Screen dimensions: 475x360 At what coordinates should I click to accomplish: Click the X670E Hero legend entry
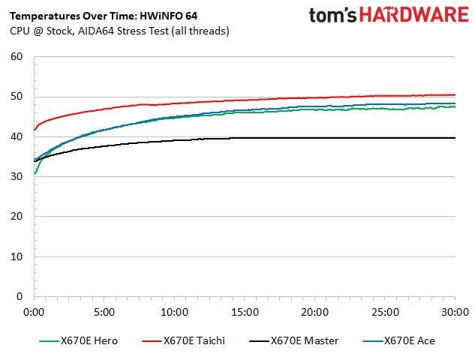click(x=79, y=341)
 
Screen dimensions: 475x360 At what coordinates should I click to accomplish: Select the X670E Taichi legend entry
click(x=184, y=341)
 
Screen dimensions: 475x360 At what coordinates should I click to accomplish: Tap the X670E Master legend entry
click(x=294, y=341)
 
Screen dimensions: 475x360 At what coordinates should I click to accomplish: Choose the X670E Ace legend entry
click(x=399, y=341)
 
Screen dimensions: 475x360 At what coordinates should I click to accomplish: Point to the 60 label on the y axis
click(x=17, y=56)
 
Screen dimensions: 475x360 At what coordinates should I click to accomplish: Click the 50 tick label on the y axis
click(x=17, y=97)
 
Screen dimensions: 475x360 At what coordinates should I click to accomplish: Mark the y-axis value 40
click(x=17, y=136)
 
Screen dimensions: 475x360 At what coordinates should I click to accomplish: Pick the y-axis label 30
click(x=17, y=176)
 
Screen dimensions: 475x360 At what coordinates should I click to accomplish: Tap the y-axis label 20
click(x=17, y=217)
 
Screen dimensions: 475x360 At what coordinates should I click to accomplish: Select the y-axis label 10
click(x=17, y=256)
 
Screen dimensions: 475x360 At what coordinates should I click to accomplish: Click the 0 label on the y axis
click(x=20, y=296)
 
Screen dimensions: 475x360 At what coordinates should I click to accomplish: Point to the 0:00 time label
click(x=34, y=312)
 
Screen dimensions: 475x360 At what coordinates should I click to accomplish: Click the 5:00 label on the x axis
click(x=104, y=312)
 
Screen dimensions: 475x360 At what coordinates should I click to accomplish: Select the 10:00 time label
click(x=175, y=312)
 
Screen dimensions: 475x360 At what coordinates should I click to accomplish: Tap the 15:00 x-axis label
click(x=245, y=312)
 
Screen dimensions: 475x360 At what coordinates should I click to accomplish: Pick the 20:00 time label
click(x=314, y=312)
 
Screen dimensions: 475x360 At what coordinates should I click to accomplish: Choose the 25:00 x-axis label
click(x=385, y=312)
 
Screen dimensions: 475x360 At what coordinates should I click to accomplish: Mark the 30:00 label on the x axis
click(x=455, y=312)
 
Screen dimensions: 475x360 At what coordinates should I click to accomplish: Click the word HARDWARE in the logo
click(x=414, y=14)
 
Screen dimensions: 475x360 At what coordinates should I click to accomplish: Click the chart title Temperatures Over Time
click(x=73, y=16)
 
